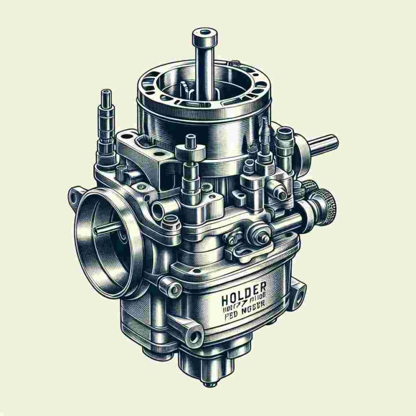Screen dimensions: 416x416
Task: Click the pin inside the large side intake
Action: pyautogui.click(x=104, y=230)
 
